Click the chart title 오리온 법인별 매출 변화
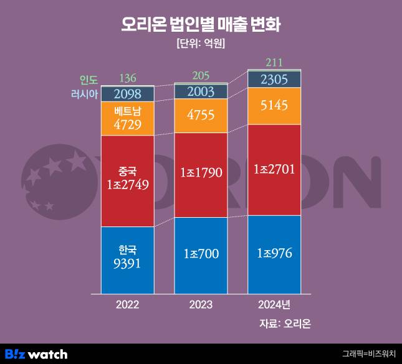click(201, 24)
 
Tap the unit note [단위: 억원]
click(201, 44)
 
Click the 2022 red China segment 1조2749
click(127, 180)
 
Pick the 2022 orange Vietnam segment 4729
click(127, 118)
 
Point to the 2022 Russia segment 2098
click(127, 94)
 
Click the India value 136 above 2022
click(127, 78)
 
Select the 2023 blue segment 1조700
click(201, 254)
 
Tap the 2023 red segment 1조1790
click(201, 175)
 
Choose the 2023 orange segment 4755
click(201, 116)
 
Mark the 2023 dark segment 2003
click(201, 91)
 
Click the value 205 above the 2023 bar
click(201, 75)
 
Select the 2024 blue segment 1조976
click(274, 253)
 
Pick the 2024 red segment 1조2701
click(274, 169)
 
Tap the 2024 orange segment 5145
click(274, 106)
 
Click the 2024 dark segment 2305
click(274, 79)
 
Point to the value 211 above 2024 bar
click(274, 62)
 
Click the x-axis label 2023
click(201, 305)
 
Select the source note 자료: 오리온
click(285, 324)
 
